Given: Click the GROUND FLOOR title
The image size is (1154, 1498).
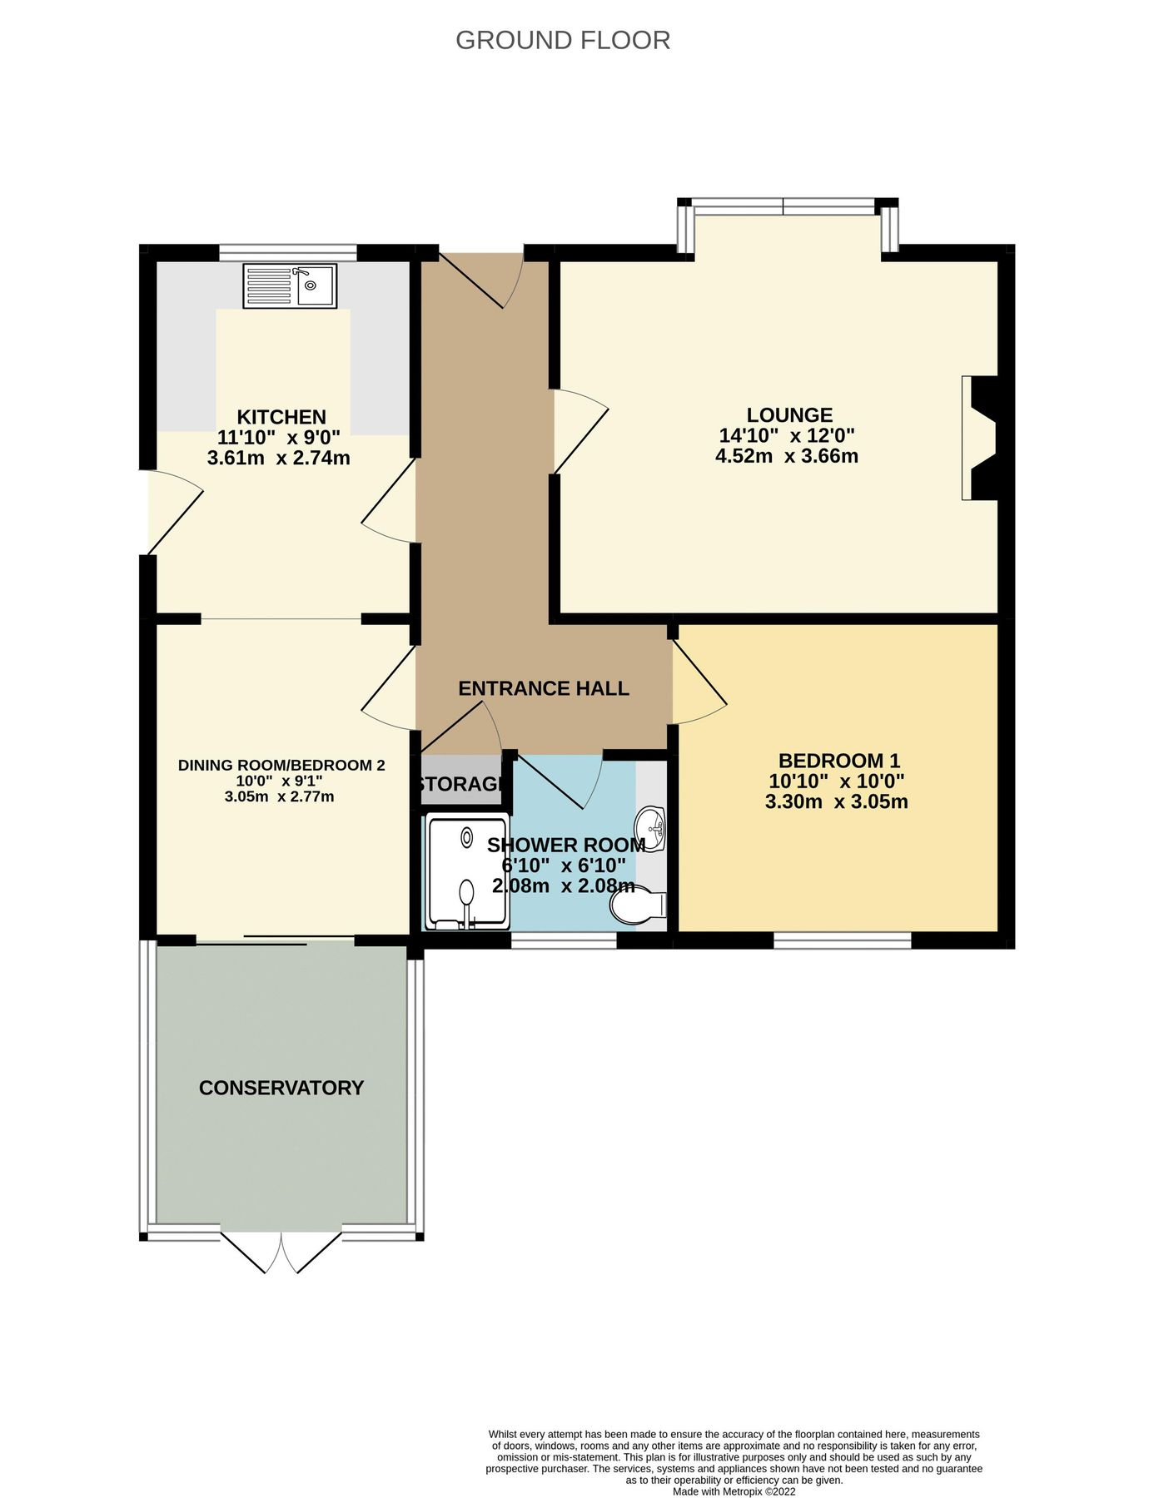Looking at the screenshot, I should click(x=563, y=40).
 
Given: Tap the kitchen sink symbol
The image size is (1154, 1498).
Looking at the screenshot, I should click(x=290, y=286).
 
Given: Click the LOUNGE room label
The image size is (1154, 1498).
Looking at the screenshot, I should click(x=788, y=414).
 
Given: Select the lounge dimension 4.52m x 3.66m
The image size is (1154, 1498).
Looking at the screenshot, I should click(x=786, y=456).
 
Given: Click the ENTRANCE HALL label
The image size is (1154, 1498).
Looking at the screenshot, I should click(x=544, y=688).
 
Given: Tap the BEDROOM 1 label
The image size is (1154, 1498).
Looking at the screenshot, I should click(x=838, y=760).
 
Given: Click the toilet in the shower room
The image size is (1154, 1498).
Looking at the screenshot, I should click(x=637, y=905).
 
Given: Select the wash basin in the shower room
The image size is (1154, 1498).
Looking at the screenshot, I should click(x=651, y=829).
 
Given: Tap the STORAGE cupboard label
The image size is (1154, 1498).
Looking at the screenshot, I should click(x=460, y=784).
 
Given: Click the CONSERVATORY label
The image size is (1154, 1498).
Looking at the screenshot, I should click(x=281, y=1088).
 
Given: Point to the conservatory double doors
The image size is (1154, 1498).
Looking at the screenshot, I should click(x=282, y=1251).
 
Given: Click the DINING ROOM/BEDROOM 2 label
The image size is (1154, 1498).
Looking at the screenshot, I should click(x=281, y=765).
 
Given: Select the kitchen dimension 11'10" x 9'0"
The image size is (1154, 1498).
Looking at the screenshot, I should click(x=278, y=438).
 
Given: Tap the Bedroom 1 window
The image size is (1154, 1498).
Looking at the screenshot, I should click(x=843, y=940).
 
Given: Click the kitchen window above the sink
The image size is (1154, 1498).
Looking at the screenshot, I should click(x=288, y=251).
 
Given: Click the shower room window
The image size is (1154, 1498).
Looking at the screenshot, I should click(x=564, y=940).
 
